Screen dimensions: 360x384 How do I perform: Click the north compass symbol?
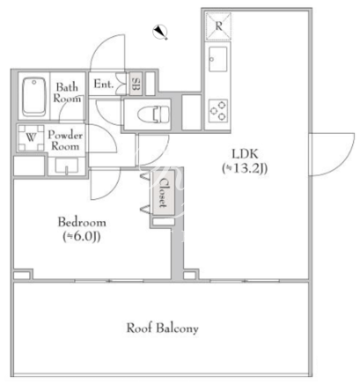click(160, 32)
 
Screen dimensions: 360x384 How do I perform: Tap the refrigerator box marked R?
click(218, 26)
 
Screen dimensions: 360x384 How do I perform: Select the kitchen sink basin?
click(217, 59)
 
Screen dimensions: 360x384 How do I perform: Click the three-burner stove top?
click(218, 111)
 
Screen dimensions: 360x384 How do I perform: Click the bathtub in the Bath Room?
click(34, 96)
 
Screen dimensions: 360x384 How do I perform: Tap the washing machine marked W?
click(31, 137)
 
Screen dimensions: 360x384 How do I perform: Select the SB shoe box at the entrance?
click(136, 84)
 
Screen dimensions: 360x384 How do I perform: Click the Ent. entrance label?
click(104, 85)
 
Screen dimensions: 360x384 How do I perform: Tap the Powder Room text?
click(65, 140)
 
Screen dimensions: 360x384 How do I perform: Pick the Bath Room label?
click(67, 92)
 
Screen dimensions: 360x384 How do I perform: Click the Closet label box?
click(163, 193)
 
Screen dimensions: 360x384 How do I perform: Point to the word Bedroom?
click(82, 222)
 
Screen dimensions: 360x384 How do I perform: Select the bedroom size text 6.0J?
click(82, 237)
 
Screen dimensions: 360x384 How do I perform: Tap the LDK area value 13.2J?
click(245, 168)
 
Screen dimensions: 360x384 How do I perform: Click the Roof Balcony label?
click(162, 328)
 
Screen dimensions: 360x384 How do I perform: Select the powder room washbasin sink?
click(67, 166)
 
